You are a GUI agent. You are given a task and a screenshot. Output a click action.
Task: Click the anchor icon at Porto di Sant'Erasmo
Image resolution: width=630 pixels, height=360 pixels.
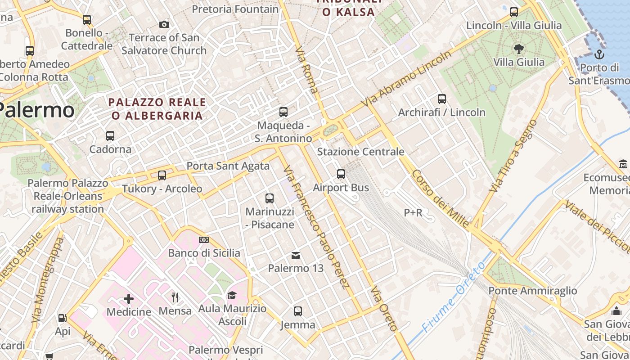pyautogui.click(x=599, y=55)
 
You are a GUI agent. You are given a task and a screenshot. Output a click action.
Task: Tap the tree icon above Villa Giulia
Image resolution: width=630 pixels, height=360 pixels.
pyautogui.click(x=518, y=49)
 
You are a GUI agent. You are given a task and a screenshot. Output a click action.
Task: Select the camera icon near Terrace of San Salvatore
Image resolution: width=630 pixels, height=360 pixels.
pyautogui.click(x=164, y=24)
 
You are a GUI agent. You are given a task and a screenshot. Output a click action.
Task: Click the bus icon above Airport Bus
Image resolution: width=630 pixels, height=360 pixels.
pyautogui.click(x=341, y=174)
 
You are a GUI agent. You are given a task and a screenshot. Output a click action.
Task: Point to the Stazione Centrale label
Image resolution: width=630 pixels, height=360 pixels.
pyautogui.click(x=360, y=152)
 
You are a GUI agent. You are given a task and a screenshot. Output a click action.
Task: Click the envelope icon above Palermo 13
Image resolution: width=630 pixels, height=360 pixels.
pyautogui.click(x=296, y=256)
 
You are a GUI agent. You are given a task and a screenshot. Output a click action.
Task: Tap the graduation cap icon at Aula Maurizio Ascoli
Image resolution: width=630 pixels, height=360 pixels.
pyautogui.click(x=232, y=295)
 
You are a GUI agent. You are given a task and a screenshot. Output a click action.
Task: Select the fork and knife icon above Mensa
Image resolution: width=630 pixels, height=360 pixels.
pyautogui.click(x=175, y=297)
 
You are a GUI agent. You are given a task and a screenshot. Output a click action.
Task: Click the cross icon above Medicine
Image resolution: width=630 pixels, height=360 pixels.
pyautogui.click(x=129, y=298)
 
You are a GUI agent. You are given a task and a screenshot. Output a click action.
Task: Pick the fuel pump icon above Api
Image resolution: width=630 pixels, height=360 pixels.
pyautogui.click(x=63, y=318)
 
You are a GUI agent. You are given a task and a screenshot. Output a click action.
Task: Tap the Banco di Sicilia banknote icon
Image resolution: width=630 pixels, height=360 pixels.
pyautogui.click(x=204, y=240)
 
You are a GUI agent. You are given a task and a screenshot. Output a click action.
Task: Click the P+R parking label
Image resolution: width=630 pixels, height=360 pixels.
pyautogui.click(x=413, y=213)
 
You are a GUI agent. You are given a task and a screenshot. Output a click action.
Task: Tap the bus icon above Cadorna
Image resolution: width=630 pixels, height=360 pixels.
pyautogui.click(x=110, y=135)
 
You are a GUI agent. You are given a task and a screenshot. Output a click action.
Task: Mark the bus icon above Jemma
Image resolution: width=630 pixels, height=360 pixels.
pyautogui.click(x=298, y=311)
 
